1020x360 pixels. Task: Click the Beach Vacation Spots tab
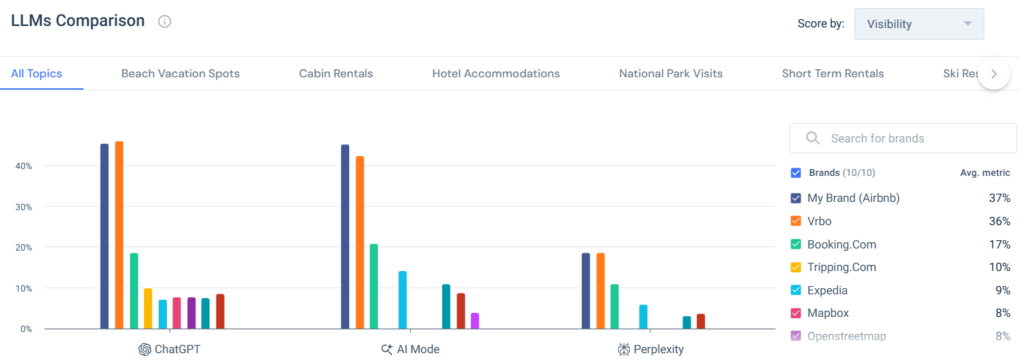(x=180, y=73)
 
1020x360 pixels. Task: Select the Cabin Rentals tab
(x=335, y=73)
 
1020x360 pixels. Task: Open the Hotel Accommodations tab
(x=496, y=73)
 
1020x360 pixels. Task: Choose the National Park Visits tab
(x=670, y=73)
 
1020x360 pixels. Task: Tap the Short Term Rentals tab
(x=832, y=73)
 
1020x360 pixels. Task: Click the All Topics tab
(x=36, y=73)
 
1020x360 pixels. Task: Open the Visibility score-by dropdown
(x=919, y=24)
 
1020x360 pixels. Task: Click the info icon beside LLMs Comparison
(x=164, y=21)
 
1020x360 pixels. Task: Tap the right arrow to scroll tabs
(x=994, y=73)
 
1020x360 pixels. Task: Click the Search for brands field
(x=910, y=138)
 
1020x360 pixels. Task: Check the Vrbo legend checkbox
(x=795, y=221)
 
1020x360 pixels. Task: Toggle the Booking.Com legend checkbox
(x=795, y=244)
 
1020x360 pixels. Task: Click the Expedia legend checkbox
(x=795, y=290)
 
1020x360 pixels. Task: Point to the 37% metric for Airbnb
(x=999, y=198)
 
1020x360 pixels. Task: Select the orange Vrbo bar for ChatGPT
(x=119, y=235)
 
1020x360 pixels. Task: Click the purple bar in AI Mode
(x=475, y=321)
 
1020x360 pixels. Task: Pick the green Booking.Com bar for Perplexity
(x=615, y=307)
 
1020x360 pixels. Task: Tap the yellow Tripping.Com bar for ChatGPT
(x=148, y=309)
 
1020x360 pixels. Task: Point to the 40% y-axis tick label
(x=24, y=166)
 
